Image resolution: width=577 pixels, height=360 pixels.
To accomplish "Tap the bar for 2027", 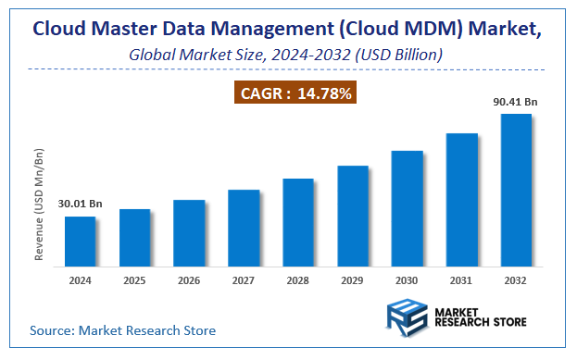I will click(244, 229).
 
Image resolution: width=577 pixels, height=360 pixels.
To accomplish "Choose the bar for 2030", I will click(408, 208).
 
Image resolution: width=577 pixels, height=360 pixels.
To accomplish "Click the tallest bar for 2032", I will click(516, 191).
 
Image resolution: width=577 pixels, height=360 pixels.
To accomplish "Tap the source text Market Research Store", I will click(122, 329).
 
